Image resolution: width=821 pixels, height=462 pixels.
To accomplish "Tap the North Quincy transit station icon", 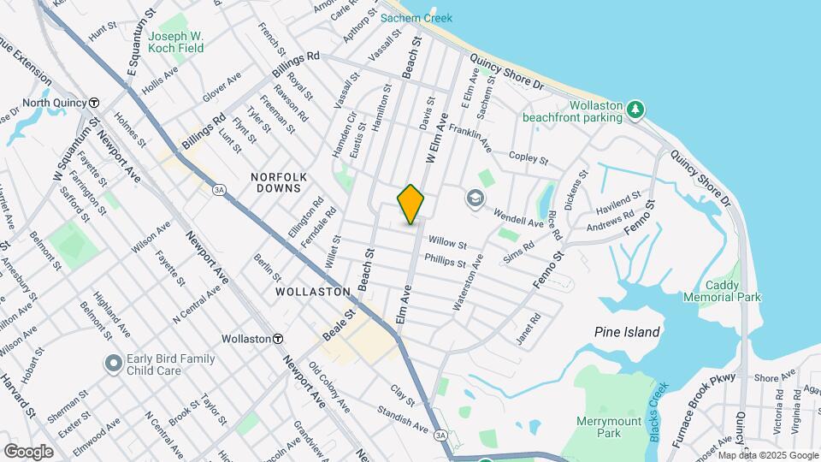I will pyautogui.click(x=93, y=103).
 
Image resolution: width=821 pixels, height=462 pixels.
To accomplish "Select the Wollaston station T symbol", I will pyautogui.click(x=278, y=339).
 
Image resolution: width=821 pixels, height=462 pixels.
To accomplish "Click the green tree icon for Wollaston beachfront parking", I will pyautogui.click(x=635, y=109).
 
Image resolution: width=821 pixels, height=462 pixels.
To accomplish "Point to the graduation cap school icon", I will pyautogui.click(x=473, y=198).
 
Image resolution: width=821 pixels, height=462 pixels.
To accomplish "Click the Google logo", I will pyautogui.click(x=28, y=452).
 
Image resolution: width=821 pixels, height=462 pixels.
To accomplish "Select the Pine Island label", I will pyautogui.click(x=627, y=332).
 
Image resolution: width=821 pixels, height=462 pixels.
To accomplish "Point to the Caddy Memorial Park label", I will pyautogui.click(x=723, y=291).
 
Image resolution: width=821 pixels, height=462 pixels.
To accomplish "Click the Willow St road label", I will pyautogui.click(x=447, y=243).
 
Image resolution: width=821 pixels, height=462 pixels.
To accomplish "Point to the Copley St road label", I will pyautogui.click(x=527, y=157).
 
